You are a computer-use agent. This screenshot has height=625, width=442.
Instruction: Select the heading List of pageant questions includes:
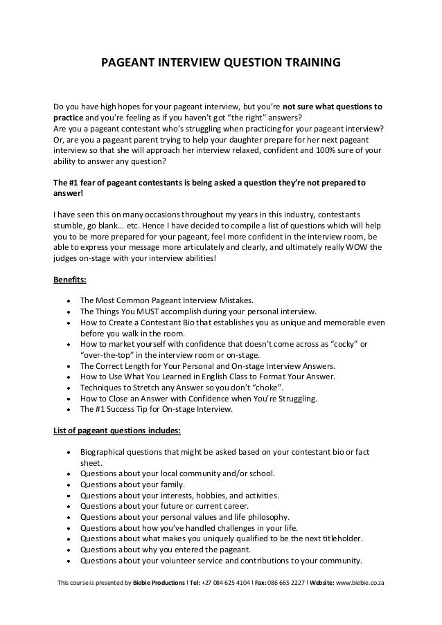pyautogui.click(x=117, y=431)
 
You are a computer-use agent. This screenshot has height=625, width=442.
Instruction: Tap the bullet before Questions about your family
pyautogui.click(x=68, y=485)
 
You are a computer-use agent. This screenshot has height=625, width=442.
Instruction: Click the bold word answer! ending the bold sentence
pyautogui.click(x=68, y=194)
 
